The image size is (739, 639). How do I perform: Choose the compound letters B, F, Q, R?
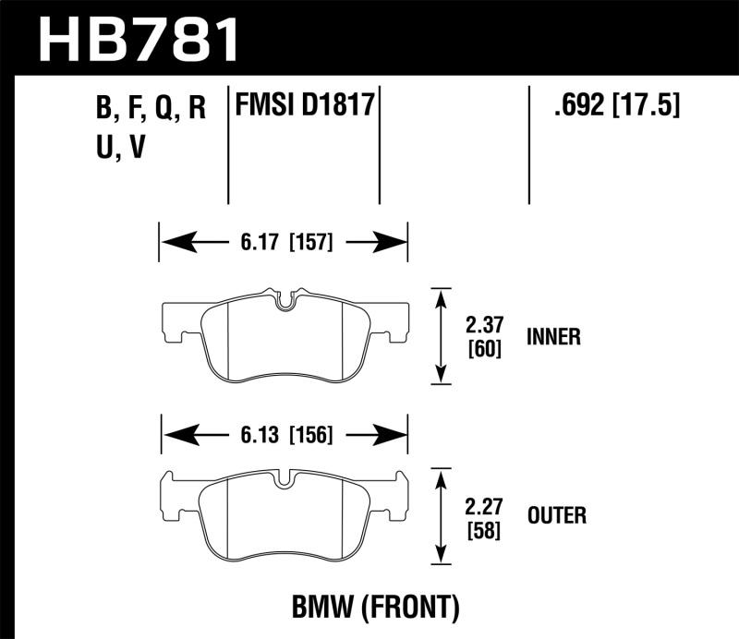(x=149, y=109)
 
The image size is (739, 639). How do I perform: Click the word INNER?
(x=553, y=337)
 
